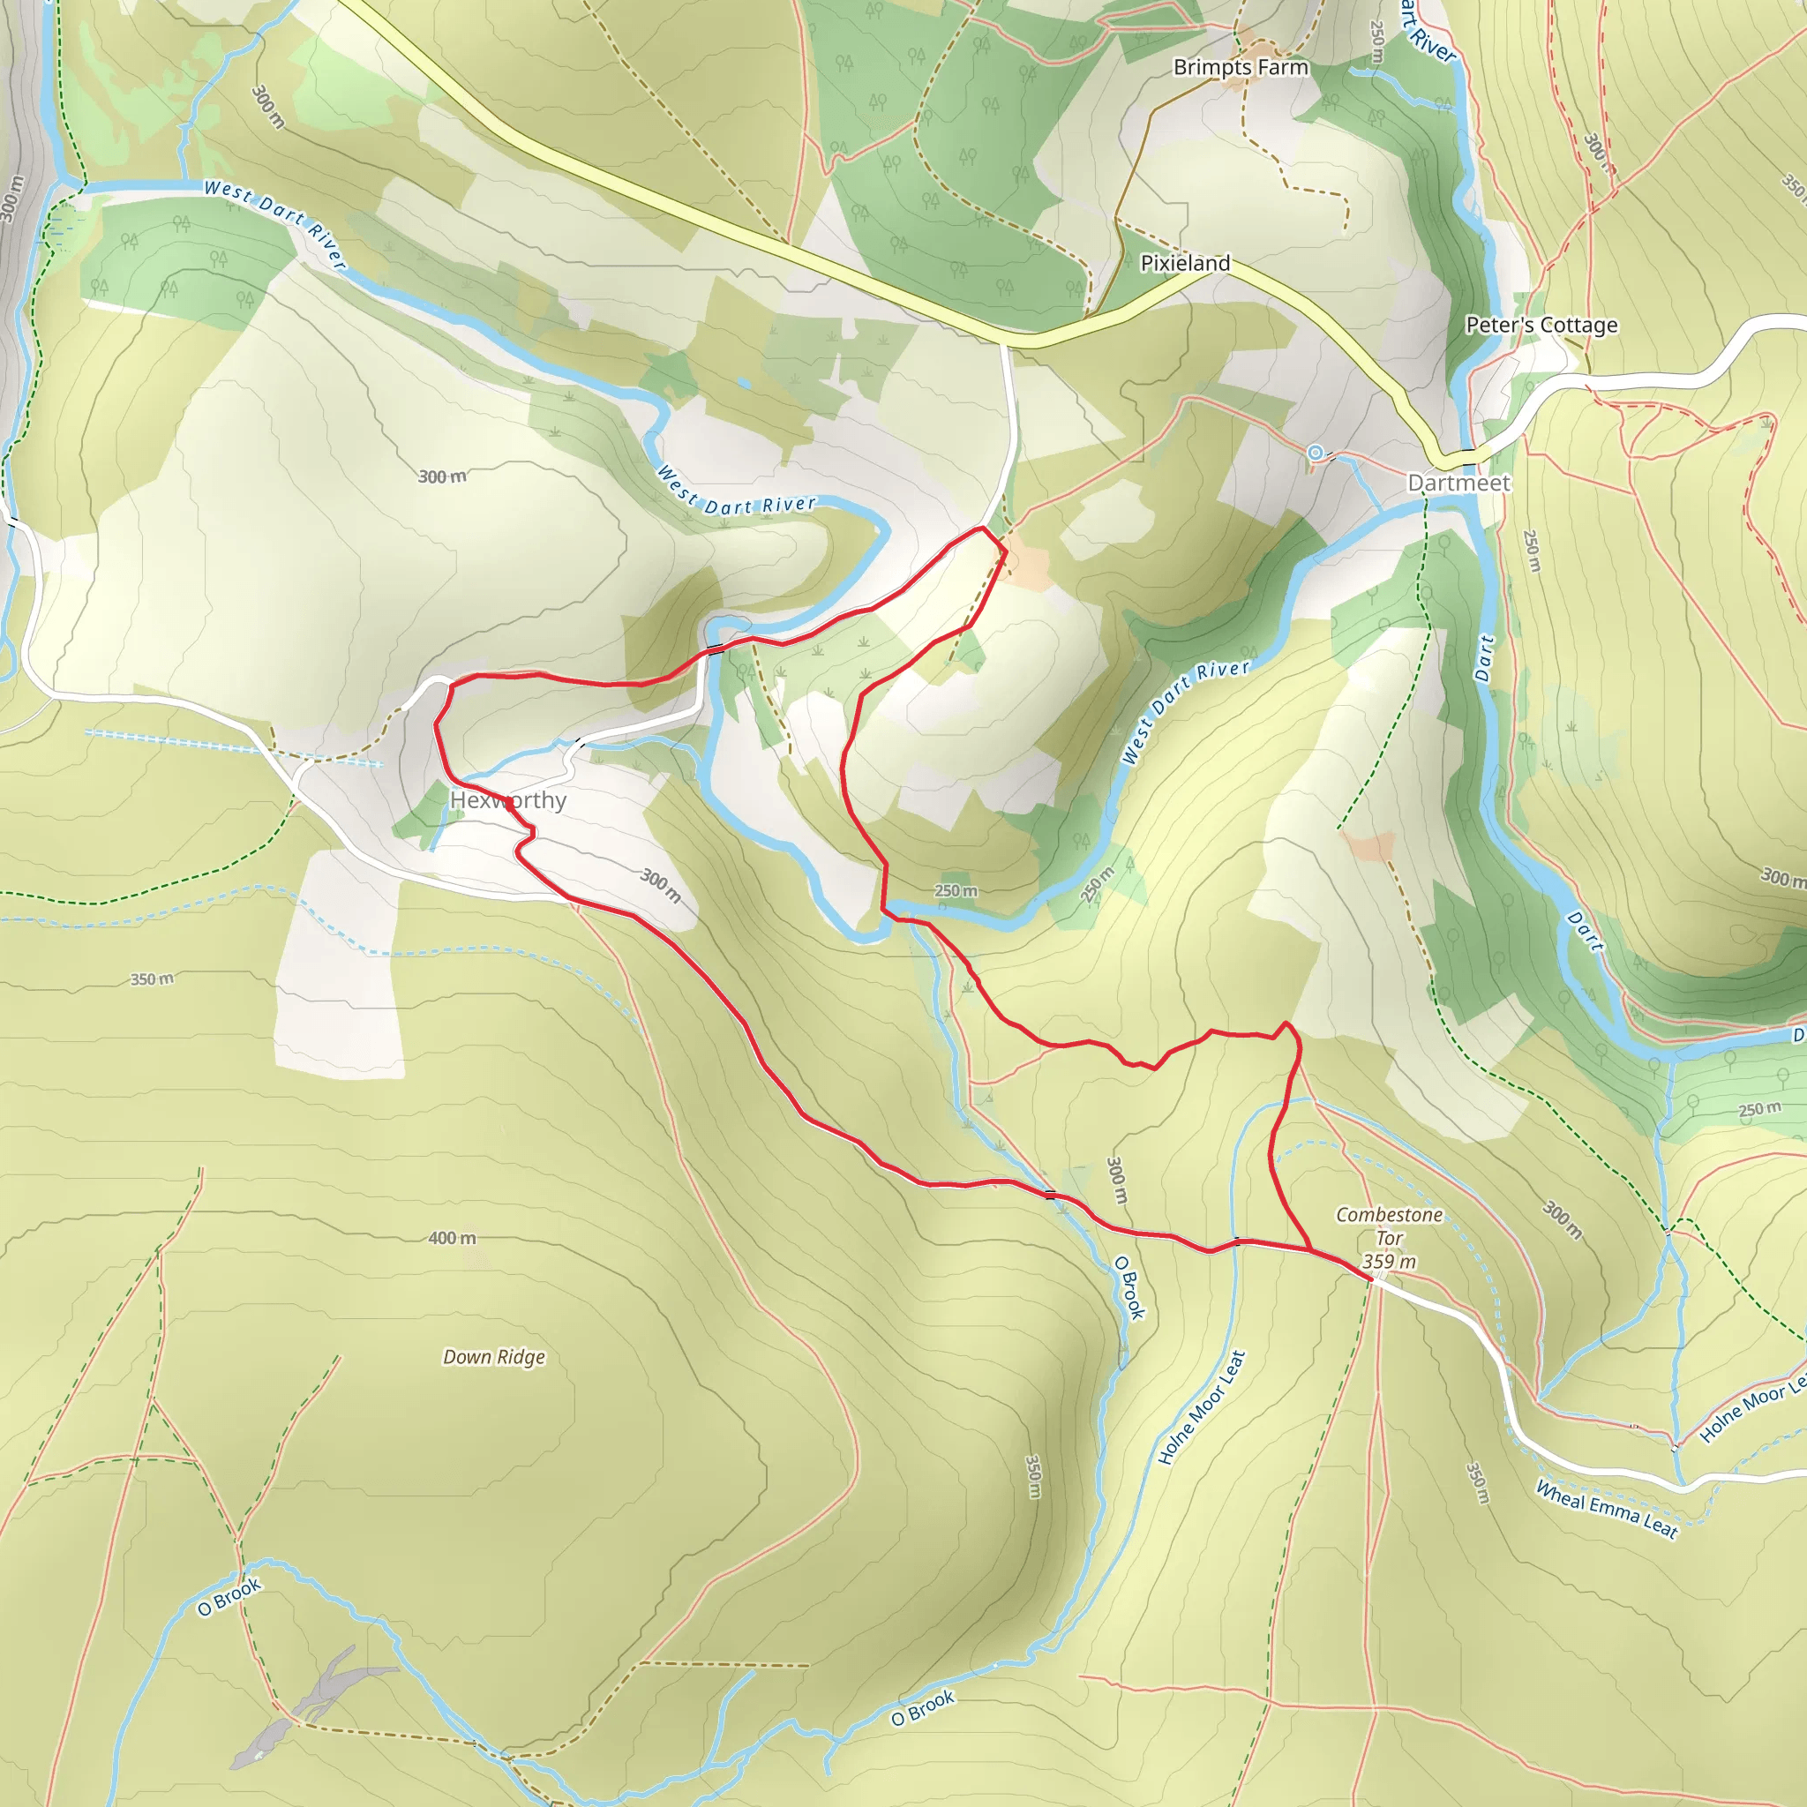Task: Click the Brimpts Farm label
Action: click(1241, 67)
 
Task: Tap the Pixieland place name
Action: click(1185, 264)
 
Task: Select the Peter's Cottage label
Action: click(1541, 326)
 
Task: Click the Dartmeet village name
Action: click(1459, 484)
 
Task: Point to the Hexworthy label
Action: click(508, 800)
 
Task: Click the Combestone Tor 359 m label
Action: click(1389, 1237)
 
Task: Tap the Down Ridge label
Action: click(494, 1357)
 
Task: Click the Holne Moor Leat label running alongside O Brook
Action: click(1202, 1406)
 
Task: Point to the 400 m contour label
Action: click(452, 1238)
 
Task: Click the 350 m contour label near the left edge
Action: click(152, 979)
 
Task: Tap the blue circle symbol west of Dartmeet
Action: click(1316, 454)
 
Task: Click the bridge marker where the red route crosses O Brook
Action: click(1050, 1195)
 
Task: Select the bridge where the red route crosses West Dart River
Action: click(715, 649)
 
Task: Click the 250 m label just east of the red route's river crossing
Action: click(956, 891)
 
